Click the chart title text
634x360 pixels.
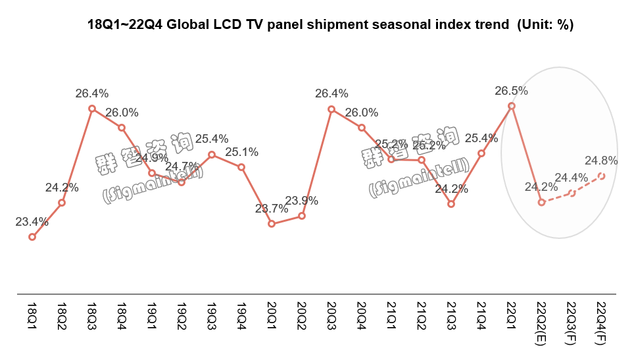331,26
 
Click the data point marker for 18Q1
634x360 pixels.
32,237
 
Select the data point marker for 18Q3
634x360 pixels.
92,109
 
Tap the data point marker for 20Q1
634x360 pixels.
272,224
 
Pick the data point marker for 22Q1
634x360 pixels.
511,105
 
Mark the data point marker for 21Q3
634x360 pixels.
451,204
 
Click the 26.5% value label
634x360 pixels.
511,90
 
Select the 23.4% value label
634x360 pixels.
32,222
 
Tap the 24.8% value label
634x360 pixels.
600,160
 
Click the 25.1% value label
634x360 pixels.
241,152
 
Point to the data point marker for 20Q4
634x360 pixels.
362,127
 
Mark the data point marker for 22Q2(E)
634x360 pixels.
541,202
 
